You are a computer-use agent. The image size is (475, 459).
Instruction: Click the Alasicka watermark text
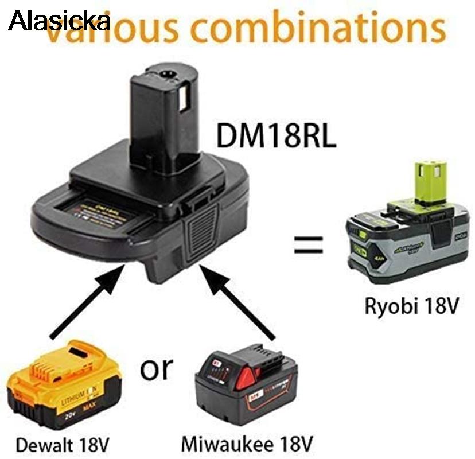(60, 21)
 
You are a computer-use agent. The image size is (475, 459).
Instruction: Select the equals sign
(309, 245)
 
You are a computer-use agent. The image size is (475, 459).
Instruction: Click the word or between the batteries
(157, 368)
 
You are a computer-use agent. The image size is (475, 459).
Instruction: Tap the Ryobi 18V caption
(412, 305)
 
